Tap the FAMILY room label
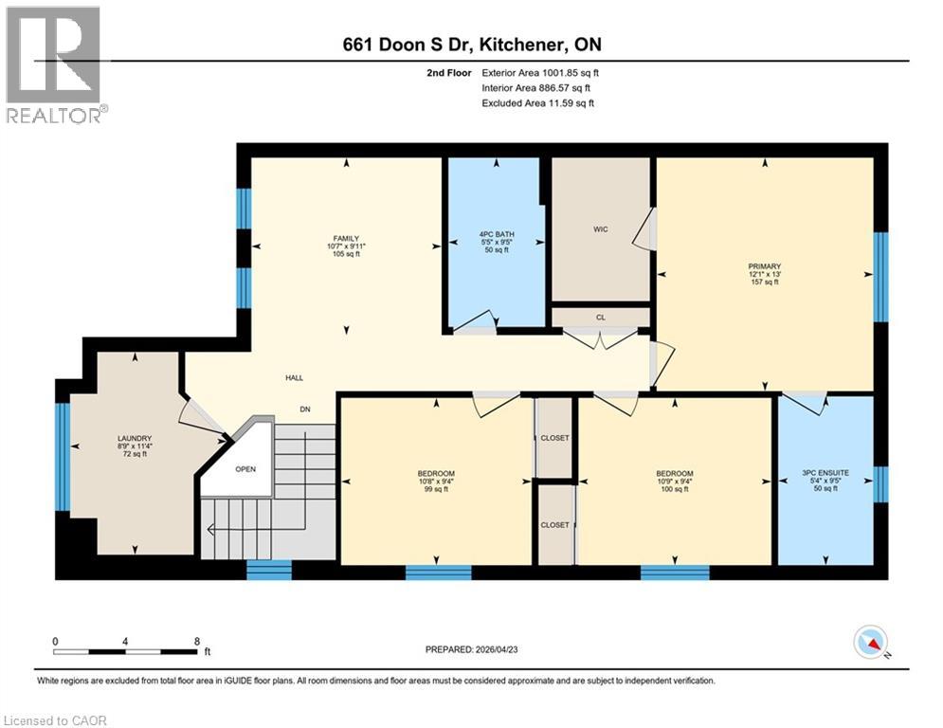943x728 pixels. [344, 239]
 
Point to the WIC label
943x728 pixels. [600, 228]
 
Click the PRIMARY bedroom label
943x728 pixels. [763, 266]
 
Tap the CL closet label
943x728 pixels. [600, 317]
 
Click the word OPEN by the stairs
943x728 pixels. [245, 469]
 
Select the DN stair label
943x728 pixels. [304, 409]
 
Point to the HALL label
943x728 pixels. [294, 377]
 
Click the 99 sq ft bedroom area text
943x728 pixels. [436, 489]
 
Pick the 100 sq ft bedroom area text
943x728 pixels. [674, 489]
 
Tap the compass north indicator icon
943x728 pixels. [869, 643]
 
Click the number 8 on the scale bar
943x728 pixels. [194, 641]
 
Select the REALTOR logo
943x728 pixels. [54, 65]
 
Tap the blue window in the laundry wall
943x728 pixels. [63, 444]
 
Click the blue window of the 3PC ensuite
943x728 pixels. [880, 483]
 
